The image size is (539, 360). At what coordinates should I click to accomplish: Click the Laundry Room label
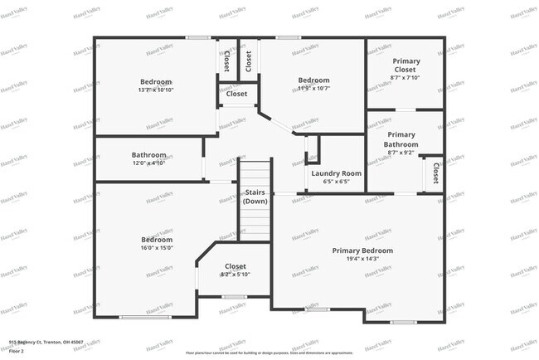coord(336,173)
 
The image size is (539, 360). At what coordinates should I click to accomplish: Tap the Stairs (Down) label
coord(255,197)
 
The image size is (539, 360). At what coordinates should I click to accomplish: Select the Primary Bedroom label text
coord(362,251)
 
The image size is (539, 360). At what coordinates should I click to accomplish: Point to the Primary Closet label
coord(405,66)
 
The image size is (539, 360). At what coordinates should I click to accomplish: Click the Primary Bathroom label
coord(401,139)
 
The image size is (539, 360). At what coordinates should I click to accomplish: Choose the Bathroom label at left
coord(149,154)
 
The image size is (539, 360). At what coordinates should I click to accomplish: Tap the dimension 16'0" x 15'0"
coord(156,247)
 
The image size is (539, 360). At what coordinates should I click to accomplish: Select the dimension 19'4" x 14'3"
coord(362,259)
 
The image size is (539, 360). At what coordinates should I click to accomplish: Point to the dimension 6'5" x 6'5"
coord(336,181)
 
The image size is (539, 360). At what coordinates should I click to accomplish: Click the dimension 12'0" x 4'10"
coord(149,163)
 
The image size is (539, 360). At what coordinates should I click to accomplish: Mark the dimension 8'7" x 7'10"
coord(405,78)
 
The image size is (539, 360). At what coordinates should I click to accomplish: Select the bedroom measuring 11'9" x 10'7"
coord(313,85)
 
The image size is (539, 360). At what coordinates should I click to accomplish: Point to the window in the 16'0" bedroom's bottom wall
coord(145,317)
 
